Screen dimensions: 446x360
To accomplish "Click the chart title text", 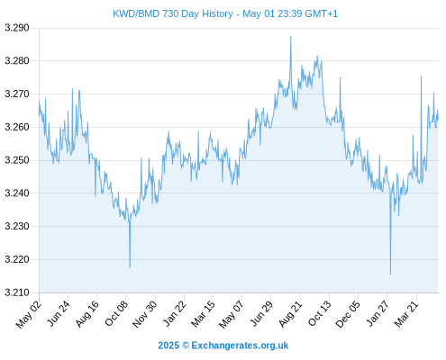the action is click(x=225, y=13).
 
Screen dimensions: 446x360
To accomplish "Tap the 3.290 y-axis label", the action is click(x=17, y=28).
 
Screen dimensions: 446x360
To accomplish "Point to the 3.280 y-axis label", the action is click(x=17, y=61).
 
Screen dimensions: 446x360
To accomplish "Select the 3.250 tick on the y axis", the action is click(x=17, y=160).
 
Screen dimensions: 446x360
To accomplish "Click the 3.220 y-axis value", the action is click(x=17, y=259).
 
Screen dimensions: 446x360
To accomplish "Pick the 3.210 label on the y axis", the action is click(x=17, y=292).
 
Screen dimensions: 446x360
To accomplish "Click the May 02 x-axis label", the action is click(x=29, y=314).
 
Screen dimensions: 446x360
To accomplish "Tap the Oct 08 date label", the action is click(x=116, y=312).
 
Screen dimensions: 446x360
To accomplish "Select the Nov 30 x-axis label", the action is click(x=145, y=314).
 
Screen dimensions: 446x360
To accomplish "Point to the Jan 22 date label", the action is click(x=175, y=313).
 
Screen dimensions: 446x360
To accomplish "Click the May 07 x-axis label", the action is click(x=232, y=314).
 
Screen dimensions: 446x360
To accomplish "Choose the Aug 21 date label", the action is click(x=290, y=313).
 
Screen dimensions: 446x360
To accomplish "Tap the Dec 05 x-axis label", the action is click(x=348, y=314).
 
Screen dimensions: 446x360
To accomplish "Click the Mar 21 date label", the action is click(x=406, y=313).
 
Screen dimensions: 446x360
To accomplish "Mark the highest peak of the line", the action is click(x=291, y=36).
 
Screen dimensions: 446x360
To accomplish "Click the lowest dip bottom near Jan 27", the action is click(x=390, y=274).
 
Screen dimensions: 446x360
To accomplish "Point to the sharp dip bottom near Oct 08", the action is click(x=130, y=267).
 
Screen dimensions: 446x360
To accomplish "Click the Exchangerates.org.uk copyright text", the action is click(x=240, y=346).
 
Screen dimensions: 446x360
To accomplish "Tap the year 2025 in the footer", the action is click(x=168, y=346).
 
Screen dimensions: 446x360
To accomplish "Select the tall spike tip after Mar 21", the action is click(x=421, y=76).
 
